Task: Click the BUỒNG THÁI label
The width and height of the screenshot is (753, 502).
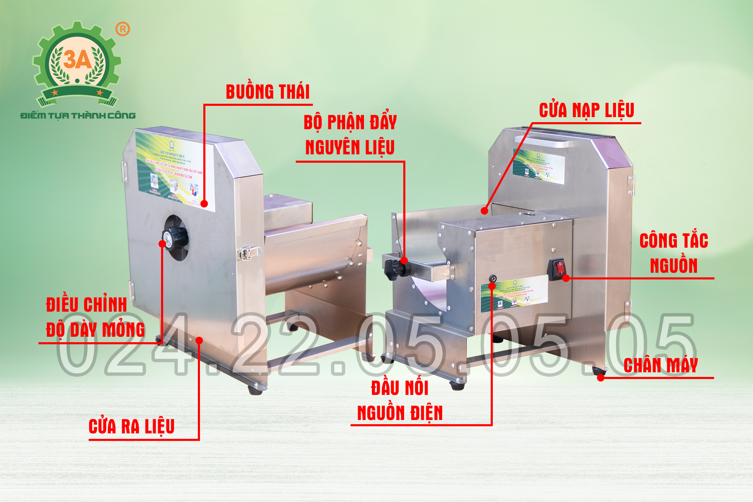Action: pyautogui.click(x=268, y=92)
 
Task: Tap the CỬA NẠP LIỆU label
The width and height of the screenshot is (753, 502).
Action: pyautogui.click(x=587, y=110)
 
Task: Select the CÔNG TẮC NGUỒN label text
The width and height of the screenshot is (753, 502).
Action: pyautogui.click(x=674, y=253)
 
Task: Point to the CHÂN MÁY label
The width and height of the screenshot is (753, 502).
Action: pyautogui.click(x=661, y=365)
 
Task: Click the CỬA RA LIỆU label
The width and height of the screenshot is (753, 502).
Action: pyautogui.click(x=131, y=427)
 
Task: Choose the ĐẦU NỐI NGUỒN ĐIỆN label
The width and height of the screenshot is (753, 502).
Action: pyautogui.click(x=400, y=400)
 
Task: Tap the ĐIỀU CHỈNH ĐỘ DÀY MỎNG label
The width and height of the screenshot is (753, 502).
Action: pyautogui.click(x=95, y=317)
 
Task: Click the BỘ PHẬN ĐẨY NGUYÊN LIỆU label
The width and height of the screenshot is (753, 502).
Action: pyautogui.click(x=350, y=135)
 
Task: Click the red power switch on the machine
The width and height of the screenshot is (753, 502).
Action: pyautogui.click(x=558, y=269)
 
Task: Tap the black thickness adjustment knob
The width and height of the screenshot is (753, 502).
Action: pyautogui.click(x=176, y=238)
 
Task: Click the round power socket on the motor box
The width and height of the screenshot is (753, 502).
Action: pyautogui.click(x=493, y=279)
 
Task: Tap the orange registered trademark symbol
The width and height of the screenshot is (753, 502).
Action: pyautogui.click(x=123, y=29)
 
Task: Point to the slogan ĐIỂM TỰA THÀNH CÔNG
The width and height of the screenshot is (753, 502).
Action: pyautogui.click(x=78, y=115)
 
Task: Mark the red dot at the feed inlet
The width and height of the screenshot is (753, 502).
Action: pyautogui.click(x=484, y=210)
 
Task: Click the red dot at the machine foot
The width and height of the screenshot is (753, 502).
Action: pyautogui.click(x=601, y=378)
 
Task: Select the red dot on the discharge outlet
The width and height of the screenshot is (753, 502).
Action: pyautogui.click(x=199, y=341)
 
